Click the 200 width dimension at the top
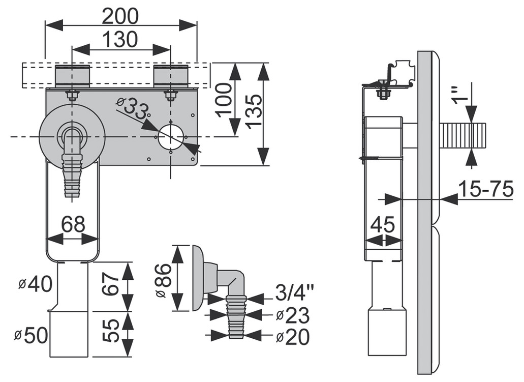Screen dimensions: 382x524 (120, 16)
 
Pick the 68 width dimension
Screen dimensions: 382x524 (73, 224)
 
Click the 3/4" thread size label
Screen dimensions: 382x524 (295, 294)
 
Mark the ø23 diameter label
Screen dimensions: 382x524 (293, 315)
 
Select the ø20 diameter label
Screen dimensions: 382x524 (293, 336)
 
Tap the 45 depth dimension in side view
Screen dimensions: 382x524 (382, 224)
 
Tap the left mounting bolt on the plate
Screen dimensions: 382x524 (72, 95)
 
